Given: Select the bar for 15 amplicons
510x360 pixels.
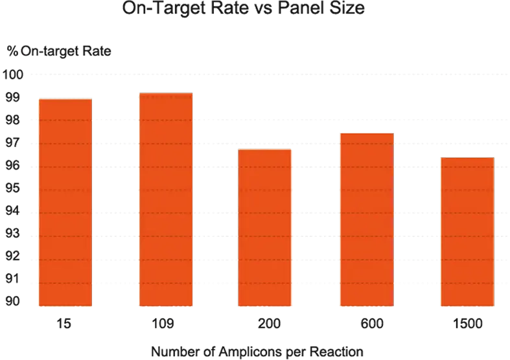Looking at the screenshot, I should pos(65,201).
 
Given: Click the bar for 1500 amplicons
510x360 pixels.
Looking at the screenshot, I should pos(467,231).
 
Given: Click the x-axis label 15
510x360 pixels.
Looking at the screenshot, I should pos(64,322).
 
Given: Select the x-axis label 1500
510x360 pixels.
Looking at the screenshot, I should pos(467,322).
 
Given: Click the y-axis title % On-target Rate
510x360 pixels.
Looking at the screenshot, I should pos(60,51).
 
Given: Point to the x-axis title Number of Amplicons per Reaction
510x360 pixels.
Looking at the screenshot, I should pos(257,352).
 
